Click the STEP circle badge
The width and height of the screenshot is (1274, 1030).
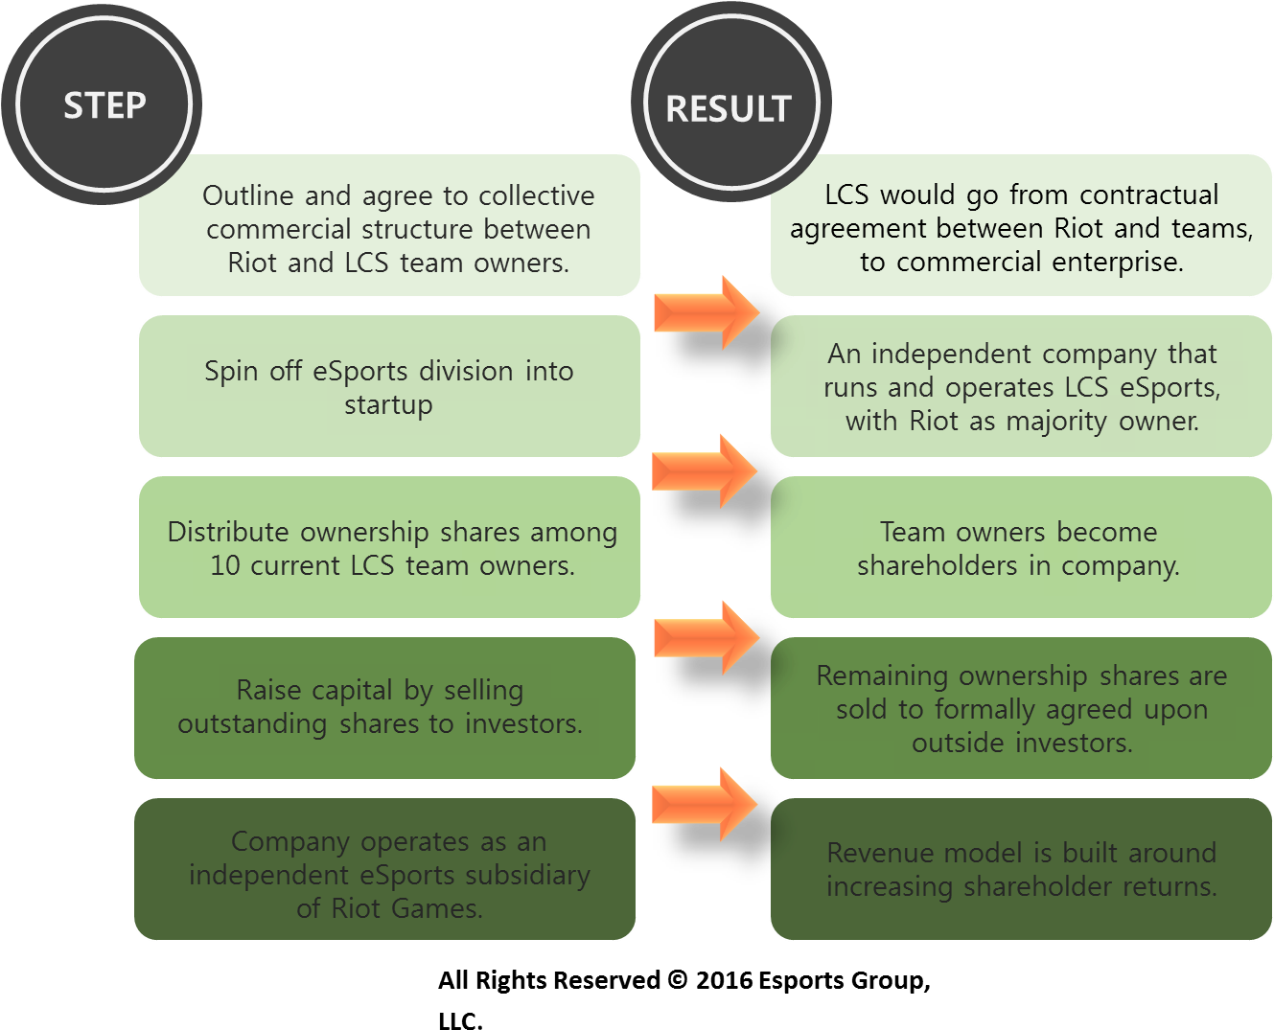104,103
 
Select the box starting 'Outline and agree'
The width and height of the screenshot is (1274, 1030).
389,227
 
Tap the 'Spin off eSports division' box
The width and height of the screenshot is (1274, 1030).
389,386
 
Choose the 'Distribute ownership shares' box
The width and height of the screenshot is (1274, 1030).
389,547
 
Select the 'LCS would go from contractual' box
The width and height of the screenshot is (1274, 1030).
1021,227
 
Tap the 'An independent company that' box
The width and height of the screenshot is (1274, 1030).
1021,386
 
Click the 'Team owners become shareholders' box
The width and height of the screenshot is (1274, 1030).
1021,547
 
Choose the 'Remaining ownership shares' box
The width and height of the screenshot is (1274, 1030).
1021,708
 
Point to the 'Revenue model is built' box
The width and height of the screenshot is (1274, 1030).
1021,869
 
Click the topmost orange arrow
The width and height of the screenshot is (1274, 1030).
706,312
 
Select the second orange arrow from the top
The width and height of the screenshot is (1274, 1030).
705,471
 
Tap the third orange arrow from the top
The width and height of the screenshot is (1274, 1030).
706,637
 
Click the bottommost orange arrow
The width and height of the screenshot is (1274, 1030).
705,804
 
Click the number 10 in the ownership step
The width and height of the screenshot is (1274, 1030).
225,566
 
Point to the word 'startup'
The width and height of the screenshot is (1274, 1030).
388,405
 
